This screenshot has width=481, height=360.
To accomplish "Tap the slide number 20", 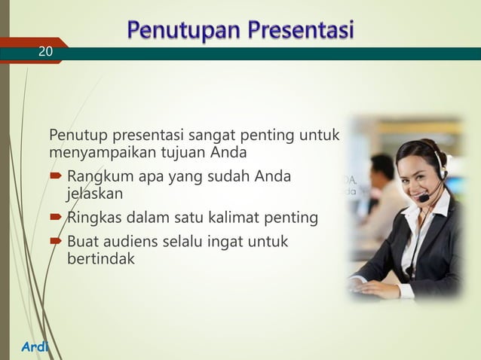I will click(46, 51).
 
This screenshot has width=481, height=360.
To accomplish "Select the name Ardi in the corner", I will click(35, 347).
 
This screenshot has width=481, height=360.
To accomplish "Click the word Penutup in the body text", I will click(78, 136).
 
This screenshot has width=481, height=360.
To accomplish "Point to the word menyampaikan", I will click(96, 154).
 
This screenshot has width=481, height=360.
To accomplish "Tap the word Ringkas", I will click(91, 218).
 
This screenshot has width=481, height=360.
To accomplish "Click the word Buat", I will click(82, 243).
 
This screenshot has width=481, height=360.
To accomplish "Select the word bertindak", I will click(101, 259).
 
